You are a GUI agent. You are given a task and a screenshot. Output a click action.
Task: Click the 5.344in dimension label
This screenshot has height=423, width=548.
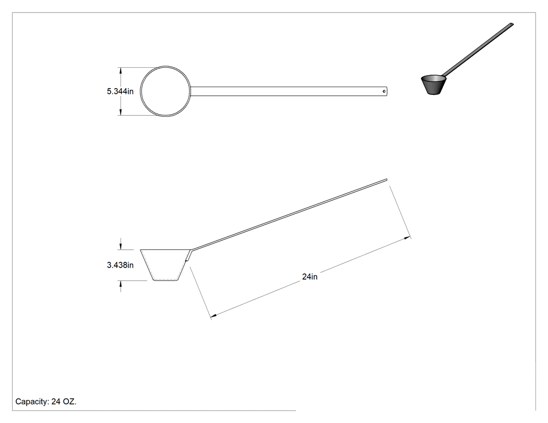click(x=120, y=91)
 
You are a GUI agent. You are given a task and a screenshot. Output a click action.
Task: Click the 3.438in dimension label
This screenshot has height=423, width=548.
click(x=120, y=265)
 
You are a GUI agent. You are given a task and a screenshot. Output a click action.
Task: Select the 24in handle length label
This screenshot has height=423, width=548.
click(x=309, y=276)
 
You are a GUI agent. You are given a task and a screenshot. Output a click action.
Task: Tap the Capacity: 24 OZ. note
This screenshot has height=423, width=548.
click(x=46, y=402)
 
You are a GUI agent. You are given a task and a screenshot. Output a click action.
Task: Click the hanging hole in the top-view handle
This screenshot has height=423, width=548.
click(x=384, y=91)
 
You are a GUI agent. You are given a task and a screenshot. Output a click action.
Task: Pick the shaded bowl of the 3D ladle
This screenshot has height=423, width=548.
click(x=433, y=85)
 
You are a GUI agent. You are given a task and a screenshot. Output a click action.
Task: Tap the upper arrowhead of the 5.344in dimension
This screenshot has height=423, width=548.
click(x=121, y=70)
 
